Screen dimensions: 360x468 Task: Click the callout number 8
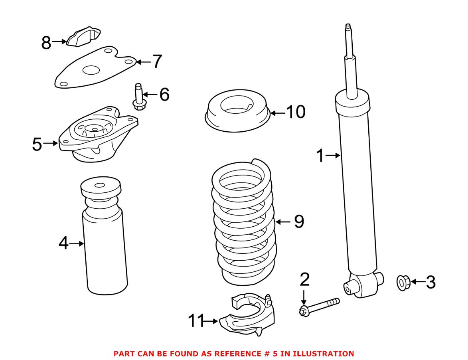46,42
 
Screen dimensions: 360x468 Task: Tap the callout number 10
296,113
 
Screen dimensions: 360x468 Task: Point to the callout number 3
430,282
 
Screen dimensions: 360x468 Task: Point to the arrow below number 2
304,297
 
